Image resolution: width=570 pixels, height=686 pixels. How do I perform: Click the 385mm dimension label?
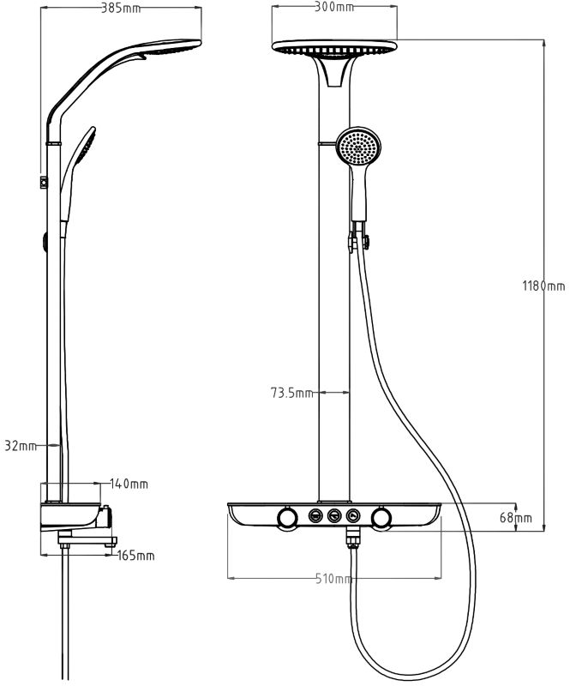pyautogui.click(x=121, y=9)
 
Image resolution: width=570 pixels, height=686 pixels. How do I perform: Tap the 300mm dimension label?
pyautogui.click(x=334, y=7)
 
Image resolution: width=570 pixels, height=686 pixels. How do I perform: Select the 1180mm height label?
pyautogui.click(x=543, y=286)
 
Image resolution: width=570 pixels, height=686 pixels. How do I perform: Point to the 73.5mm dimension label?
pyautogui.click(x=291, y=393)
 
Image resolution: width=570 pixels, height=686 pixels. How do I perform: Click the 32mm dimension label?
pyautogui.click(x=21, y=446)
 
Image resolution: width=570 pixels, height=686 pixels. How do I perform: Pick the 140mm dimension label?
pyautogui.click(x=129, y=484)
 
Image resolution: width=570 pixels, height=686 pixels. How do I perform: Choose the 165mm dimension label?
pyautogui.click(x=135, y=556)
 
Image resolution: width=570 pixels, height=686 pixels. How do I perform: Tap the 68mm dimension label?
pyautogui.click(x=516, y=518)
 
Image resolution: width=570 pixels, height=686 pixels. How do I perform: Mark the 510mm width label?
pyautogui.click(x=333, y=579)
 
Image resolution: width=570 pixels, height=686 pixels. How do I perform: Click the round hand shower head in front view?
pyautogui.click(x=358, y=147)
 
